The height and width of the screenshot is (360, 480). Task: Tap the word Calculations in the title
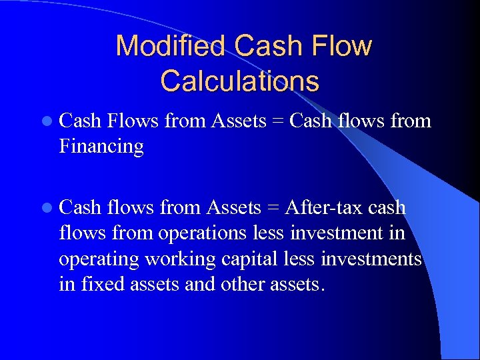pyautogui.click(x=239, y=81)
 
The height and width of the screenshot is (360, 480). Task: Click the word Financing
pyautogui.click(x=101, y=146)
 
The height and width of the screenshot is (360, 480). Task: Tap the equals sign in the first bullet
pyautogui.click(x=277, y=121)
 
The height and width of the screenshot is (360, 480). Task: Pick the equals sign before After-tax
pyautogui.click(x=273, y=207)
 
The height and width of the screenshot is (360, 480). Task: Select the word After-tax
pyautogui.click(x=323, y=207)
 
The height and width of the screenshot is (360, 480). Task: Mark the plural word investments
pyautogui.click(x=372, y=259)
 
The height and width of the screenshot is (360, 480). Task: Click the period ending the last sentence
pyautogui.click(x=323, y=289)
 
